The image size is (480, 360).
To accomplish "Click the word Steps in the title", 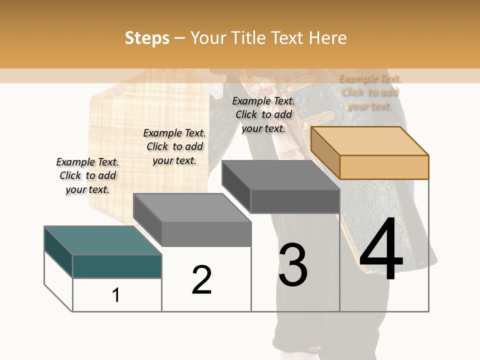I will (146, 38).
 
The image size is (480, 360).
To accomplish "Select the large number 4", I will (381, 250).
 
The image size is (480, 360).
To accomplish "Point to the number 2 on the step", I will (201, 280).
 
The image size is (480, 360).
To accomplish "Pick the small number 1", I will (116, 295).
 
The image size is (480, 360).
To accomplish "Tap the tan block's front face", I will (384, 167).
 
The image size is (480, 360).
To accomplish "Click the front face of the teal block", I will (117, 266).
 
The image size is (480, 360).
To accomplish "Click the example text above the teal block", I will (87, 175).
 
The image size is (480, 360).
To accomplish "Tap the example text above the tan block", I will (369, 92).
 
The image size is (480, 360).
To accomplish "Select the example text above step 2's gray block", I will (174, 146).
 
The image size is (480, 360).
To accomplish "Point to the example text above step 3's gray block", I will (263, 114).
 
